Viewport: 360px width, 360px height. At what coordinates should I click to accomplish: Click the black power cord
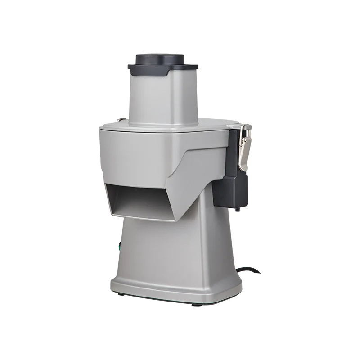point(250,271)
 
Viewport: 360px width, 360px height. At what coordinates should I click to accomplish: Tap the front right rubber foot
point(197,304)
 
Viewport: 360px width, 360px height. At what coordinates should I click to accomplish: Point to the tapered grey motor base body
point(189,252)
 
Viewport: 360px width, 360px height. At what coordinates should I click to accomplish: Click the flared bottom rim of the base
point(175,292)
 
